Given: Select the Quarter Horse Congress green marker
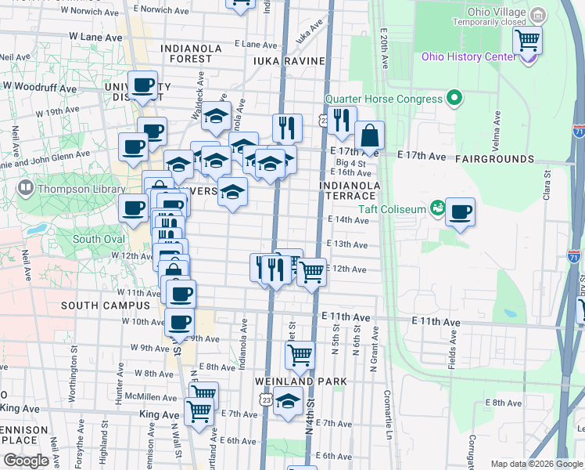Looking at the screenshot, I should pos(453,99).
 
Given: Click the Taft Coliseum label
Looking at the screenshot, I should pos(391,208).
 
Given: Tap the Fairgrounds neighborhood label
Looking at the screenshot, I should pos(496,159).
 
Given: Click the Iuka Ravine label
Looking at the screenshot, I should pos(278,60).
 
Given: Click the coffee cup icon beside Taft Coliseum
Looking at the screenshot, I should pos(461,211).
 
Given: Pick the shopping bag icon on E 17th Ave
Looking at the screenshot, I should pos(369,136).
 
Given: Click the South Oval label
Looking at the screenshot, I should pos(98,239).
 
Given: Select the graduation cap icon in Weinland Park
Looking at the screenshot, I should pos(288,401).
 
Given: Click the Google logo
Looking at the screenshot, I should pos(26,461).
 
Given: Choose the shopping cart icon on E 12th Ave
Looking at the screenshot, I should pos(311,273).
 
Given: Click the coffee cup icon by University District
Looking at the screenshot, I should pos(143,85).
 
